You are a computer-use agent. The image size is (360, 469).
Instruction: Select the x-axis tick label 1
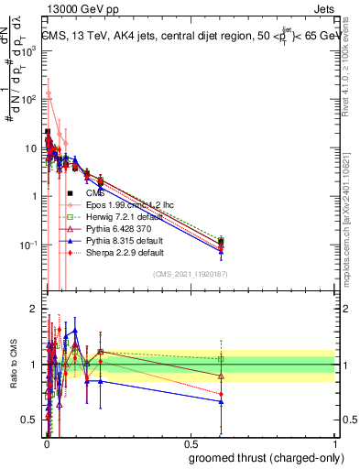click(334, 443)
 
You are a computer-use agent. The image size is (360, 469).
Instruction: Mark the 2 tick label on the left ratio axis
click(34, 309)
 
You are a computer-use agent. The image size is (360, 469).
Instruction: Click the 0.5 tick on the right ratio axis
click(344, 420)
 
